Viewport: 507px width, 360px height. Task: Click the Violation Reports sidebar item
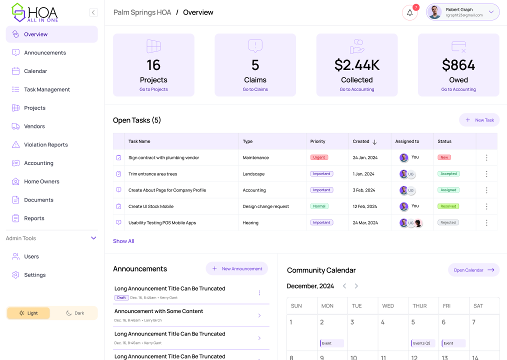click(x=45, y=145)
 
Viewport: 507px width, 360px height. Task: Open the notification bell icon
click(x=409, y=13)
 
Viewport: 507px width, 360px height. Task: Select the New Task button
click(x=479, y=120)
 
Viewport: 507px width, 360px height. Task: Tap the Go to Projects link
click(x=153, y=89)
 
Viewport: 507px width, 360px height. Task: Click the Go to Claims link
click(x=255, y=89)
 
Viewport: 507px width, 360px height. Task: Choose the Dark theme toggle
click(x=74, y=313)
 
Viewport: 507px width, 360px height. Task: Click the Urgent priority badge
click(x=319, y=157)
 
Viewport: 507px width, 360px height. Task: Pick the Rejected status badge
click(x=448, y=222)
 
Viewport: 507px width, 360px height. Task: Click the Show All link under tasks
click(x=123, y=241)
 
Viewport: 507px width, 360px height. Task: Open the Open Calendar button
click(x=473, y=270)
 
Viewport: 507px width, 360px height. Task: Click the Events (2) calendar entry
click(x=422, y=343)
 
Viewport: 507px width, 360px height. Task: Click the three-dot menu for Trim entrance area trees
click(x=486, y=174)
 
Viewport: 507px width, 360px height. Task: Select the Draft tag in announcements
click(x=121, y=297)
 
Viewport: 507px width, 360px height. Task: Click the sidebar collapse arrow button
click(x=93, y=12)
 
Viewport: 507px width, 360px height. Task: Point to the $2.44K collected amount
click(x=356, y=65)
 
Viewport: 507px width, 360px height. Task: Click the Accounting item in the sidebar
click(x=38, y=163)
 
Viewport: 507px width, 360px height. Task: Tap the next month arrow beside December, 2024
click(x=356, y=286)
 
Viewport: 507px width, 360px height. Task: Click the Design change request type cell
click(x=265, y=206)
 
